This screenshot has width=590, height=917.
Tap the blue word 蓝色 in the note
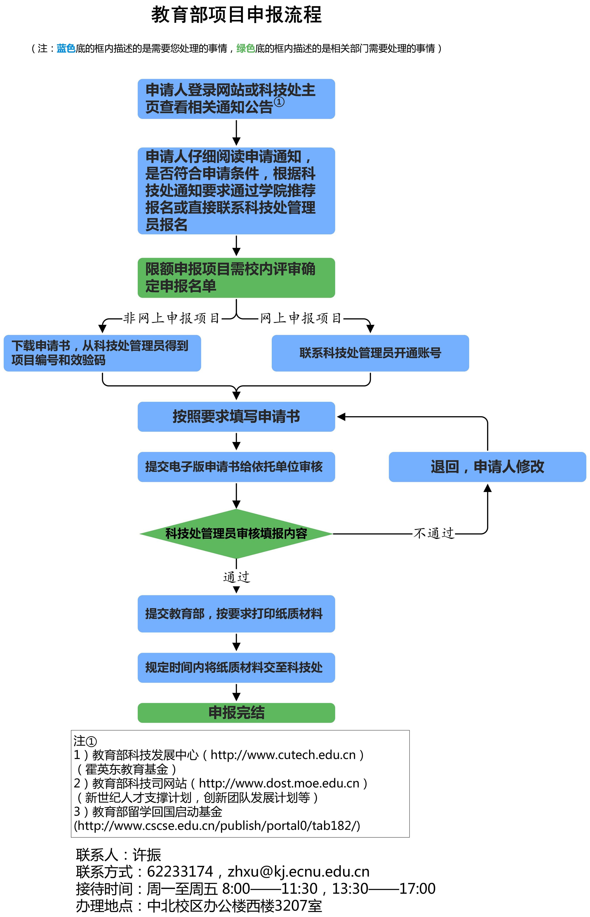tap(66, 48)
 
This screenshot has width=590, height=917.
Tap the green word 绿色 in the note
tap(246, 48)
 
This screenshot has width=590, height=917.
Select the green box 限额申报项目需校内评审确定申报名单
tap(236, 278)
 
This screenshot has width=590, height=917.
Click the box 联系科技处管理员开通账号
tap(370, 353)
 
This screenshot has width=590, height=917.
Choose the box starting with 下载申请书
tap(102, 353)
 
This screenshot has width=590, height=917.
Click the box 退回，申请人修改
tap(487, 467)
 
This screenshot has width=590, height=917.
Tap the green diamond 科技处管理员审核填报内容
tap(236, 533)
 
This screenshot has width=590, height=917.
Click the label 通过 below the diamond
tap(236, 577)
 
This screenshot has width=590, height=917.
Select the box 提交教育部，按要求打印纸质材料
tap(236, 613)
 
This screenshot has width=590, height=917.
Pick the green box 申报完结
tap(236, 713)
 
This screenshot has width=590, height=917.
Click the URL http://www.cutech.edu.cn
tap(283, 754)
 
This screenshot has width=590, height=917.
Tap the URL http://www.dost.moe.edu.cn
tap(279, 783)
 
